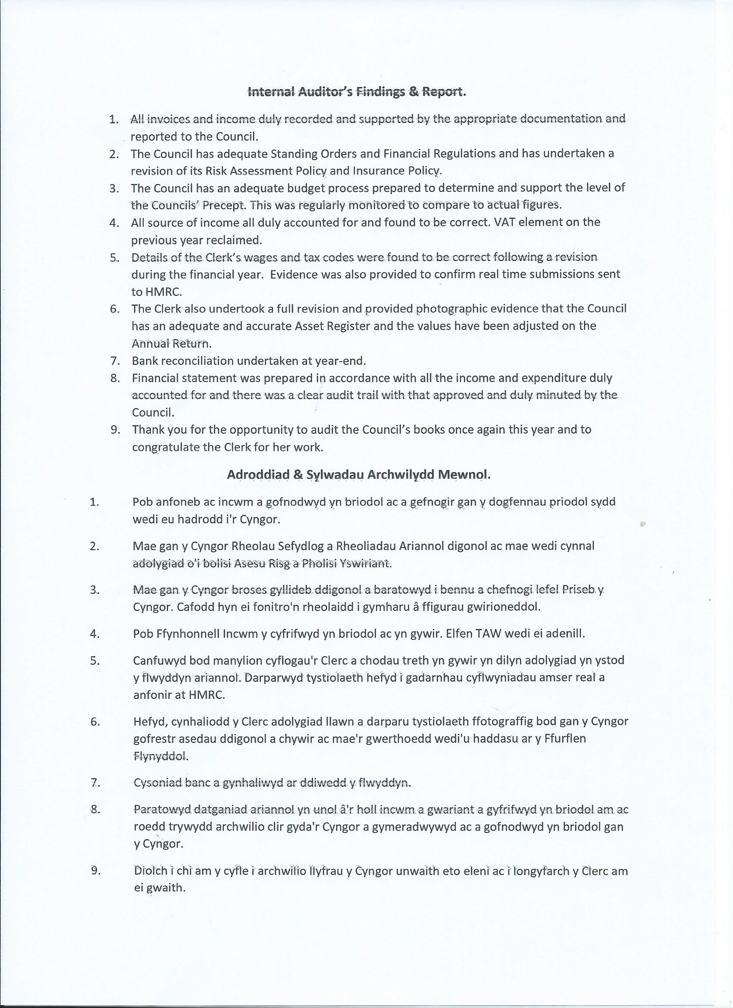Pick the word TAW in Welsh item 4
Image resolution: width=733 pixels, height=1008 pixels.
(x=487, y=633)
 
